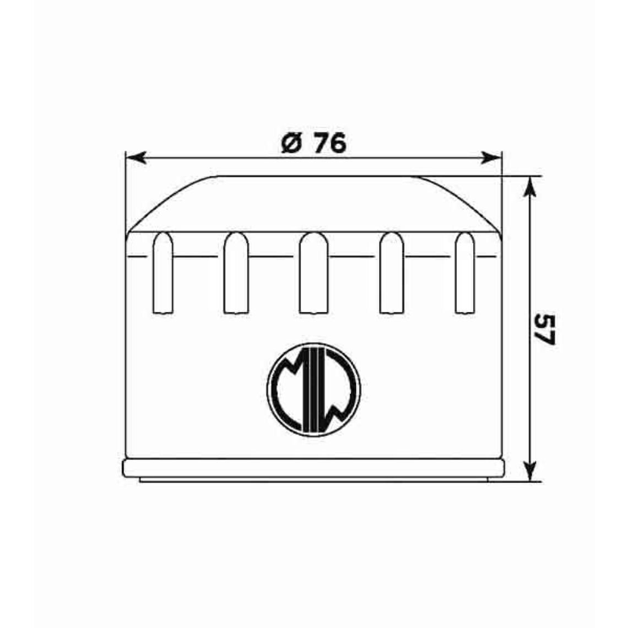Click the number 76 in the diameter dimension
coord(329,143)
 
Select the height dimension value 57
coord(545,329)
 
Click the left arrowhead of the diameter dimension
coord(136,158)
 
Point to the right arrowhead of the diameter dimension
coord(491,158)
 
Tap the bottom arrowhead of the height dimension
coord(530,470)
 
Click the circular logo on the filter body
coord(313,389)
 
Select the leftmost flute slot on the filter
coord(163,273)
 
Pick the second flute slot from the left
coord(236,273)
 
